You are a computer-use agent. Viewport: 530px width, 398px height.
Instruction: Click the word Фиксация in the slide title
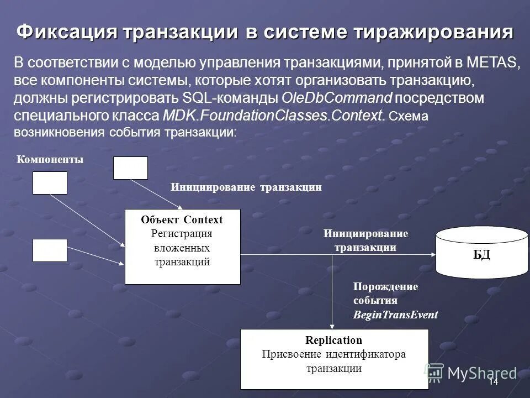[x=66, y=32]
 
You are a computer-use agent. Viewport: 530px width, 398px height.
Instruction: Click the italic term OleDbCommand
[x=337, y=98]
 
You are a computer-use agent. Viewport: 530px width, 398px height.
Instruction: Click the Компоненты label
[x=50, y=160]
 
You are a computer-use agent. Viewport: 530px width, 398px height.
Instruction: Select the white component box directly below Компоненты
[x=50, y=183]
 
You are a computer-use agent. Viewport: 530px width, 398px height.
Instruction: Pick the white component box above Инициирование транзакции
[x=130, y=168]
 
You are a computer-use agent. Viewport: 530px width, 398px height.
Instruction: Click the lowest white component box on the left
[x=50, y=250]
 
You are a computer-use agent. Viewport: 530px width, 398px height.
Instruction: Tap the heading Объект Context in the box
[x=182, y=220]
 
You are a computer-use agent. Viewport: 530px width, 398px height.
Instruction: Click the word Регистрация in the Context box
[x=182, y=234]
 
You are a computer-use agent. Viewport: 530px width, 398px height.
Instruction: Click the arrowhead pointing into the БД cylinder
[x=432, y=254]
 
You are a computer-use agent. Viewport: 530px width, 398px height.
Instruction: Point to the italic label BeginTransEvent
[x=395, y=315]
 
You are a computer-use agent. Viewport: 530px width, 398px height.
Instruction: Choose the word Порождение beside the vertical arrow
[x=385, y=287]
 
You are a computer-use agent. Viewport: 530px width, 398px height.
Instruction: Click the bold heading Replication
[x=334, y=341]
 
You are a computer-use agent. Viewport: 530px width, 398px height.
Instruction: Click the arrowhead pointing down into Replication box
[x=332, y=326]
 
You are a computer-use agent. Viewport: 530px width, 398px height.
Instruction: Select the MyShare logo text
[x=482, y=373]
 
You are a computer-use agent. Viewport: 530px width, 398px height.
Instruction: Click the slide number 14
[x=493, y=383]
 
